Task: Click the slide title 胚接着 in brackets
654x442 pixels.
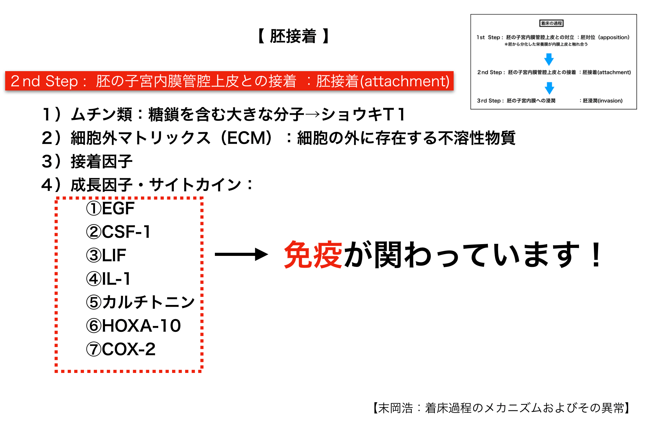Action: pos(293,36)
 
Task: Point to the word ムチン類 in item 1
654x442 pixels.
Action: pos(102,114)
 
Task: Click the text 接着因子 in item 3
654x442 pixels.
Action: pos(102,161)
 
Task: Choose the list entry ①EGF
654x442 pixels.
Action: pos(110,208)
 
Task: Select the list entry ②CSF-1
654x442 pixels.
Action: pos(118,232)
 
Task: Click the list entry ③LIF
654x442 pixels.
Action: pos(106,255)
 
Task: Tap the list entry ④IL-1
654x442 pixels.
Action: pos(108,279)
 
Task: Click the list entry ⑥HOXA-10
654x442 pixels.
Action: pos(133,326)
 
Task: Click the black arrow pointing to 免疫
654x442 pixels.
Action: pos(241,255)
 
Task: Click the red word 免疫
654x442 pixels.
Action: pos(313,255)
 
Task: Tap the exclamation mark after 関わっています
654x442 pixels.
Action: pos(596,255)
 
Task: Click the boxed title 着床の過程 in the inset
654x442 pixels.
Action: pos(551,23)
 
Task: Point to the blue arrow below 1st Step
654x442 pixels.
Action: pos(549,59)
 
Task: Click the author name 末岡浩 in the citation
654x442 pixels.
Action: pos(396,408)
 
